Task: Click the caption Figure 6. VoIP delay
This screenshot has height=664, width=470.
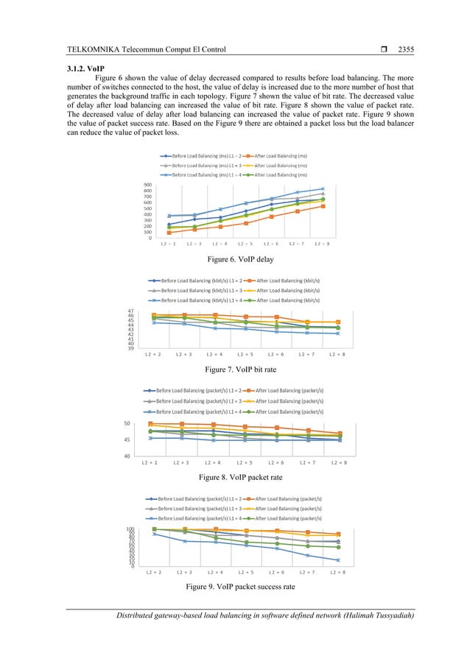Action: pyautogui.click(x=234, y=259)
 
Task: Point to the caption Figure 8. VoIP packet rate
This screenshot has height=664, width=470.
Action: pyautogui.click(x=234, y=477)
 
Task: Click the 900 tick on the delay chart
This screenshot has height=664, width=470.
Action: pyautogui.click(x=148, y=185)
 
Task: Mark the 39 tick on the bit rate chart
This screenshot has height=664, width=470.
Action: pyautogui.click(x=130, y=348)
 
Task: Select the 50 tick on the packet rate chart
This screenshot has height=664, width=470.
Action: pyautogui.click(x=127, y=423)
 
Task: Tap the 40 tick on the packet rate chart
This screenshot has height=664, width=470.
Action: pyautogui.click(x=127, y=456)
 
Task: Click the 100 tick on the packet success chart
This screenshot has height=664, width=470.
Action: pyautogui.click(x=129, y=529)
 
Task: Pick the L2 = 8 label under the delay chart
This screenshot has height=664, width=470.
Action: pyautogui.click(x=322, y=244)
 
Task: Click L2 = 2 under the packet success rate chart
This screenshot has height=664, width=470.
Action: pyautogui.click(x=154, y=572)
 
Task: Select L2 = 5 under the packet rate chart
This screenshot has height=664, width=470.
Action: pyautogui.click(x=247, y=463)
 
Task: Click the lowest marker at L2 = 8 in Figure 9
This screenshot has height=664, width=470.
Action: pyautogui.click(x=338, y=560)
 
